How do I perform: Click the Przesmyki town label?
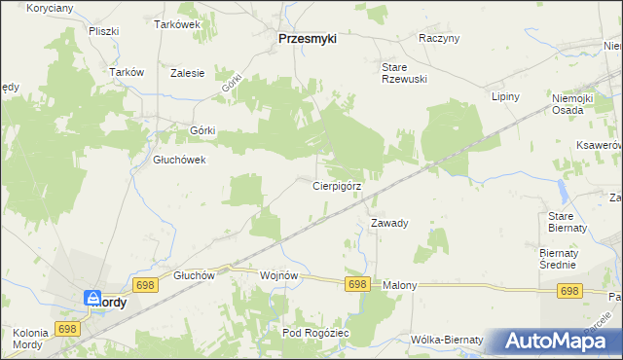[x=307, y=39]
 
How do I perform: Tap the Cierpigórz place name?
[x=337, y=185]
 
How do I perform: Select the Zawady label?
[x=389, y=223]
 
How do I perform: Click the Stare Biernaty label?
[x=568, y=221]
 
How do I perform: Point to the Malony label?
[x=399, y=285]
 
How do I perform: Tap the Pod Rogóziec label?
[x=315, y=333]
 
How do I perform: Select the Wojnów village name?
[x=278, y=275]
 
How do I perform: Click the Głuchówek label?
[x=179, y=161]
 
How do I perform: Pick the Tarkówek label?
[x=177, y=24]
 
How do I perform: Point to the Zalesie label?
[x=187, y=73]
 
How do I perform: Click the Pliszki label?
[x=102, y=31]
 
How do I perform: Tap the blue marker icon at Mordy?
[x=92, y=299]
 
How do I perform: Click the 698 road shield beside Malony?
[x=357, y=284]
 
